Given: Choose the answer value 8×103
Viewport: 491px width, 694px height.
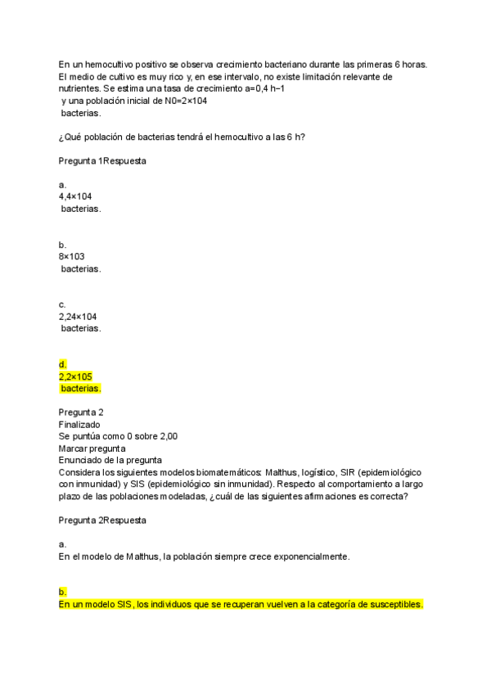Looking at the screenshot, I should (72, 257).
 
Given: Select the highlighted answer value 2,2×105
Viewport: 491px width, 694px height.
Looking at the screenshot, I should (75, 376).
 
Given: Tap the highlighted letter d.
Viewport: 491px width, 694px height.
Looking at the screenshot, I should (62, 364).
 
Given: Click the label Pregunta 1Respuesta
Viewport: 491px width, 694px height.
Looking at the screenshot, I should (102, 161).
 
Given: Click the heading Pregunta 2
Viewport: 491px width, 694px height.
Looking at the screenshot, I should (81, 412).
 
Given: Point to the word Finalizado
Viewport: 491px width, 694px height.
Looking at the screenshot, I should (79, 425).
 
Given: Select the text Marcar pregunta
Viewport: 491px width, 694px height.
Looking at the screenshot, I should (92, 448).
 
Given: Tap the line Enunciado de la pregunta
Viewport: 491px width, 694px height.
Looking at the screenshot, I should (110, 460).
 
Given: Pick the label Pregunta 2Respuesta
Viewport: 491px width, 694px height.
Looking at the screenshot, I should (102, 520).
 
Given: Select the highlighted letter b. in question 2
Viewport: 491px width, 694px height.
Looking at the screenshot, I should (62, 592).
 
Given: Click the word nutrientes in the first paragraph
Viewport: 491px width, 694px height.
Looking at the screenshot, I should (79, 88).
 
